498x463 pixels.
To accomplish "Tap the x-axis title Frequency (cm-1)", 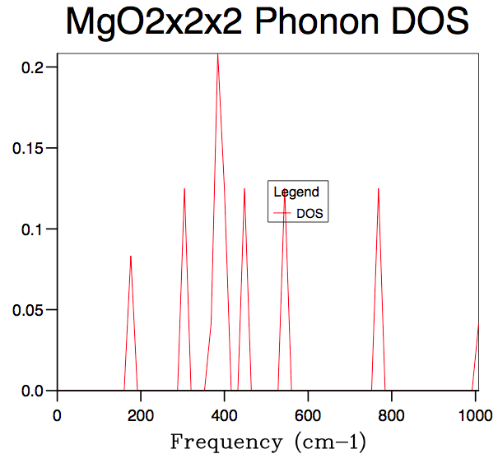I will coord(268,442).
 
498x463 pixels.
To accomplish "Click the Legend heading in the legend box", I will coord(296,192).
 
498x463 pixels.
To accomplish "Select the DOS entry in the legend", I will coord(310,213).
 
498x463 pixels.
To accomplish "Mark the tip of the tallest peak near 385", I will coord(217,54).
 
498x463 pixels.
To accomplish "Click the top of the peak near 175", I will coord(130,256).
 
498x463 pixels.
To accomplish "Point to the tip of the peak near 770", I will coord(379,188).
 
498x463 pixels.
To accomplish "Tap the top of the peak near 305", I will coord(184,188).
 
